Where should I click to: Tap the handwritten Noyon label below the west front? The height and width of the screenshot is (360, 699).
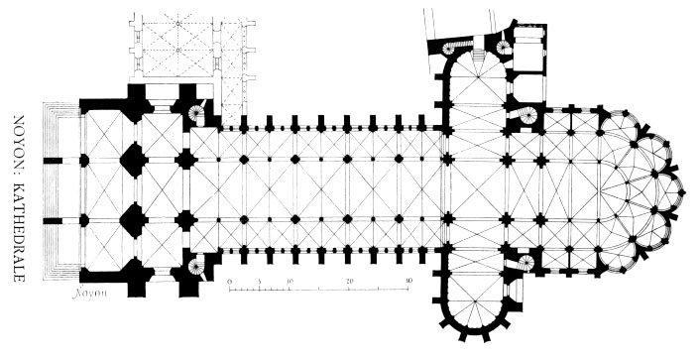point(90,294)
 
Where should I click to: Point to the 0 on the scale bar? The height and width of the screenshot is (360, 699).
point(229,282)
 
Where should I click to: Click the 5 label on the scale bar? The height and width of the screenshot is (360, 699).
point(259,282)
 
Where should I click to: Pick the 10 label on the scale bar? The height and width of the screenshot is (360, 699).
point(289,282)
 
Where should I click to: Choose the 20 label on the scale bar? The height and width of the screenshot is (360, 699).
point(349,282)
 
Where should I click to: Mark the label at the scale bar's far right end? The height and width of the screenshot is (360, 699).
point(408,282)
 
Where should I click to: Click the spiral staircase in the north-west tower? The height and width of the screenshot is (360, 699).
point(195,113)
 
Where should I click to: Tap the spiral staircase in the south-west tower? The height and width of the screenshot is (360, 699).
point(195,267)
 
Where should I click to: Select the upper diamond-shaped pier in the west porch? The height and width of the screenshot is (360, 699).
point(133,160)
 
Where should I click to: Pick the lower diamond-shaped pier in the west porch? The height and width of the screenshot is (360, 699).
point(133,220)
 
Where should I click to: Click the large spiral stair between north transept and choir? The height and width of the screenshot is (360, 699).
point(527,116)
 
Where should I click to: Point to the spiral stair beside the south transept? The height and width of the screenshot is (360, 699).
point(526,263)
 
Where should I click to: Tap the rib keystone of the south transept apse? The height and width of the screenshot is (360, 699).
point(476,301)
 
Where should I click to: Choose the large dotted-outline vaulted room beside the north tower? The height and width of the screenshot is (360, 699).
point(177,50)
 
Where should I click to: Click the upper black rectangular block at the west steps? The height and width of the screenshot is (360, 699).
point(54,160)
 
